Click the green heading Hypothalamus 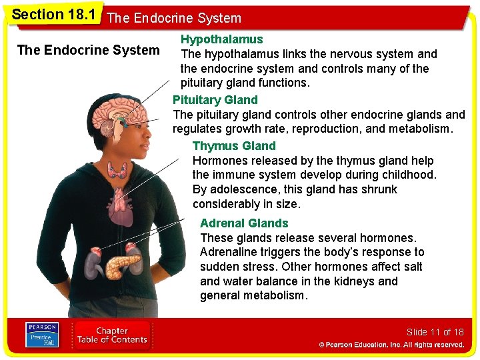tap(221, 39)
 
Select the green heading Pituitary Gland tap(215, 100)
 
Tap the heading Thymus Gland tap(233, 146)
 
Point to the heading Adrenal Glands tap(244, 223)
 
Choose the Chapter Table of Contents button tap(111, 335)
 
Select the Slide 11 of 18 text tap(435, 332)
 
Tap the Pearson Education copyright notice tap(391, 345)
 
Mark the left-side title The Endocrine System tap(88, 50)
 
